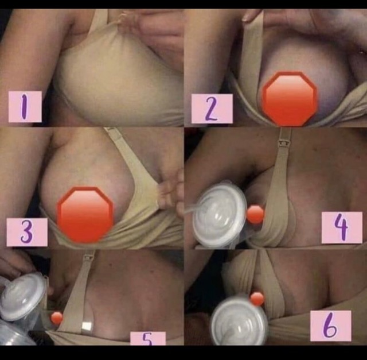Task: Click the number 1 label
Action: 25,107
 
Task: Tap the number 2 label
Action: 212,109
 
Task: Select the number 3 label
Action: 27,232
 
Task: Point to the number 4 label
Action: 342,227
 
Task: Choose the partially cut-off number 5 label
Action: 148,338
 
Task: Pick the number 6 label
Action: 331,326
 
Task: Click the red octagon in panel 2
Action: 290,99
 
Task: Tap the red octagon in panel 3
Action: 85,215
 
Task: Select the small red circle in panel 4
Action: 255,215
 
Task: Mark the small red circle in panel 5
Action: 57,318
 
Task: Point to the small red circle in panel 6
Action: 257,299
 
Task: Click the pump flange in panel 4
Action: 219,214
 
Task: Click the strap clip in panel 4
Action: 283,142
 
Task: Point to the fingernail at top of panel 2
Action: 247,17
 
